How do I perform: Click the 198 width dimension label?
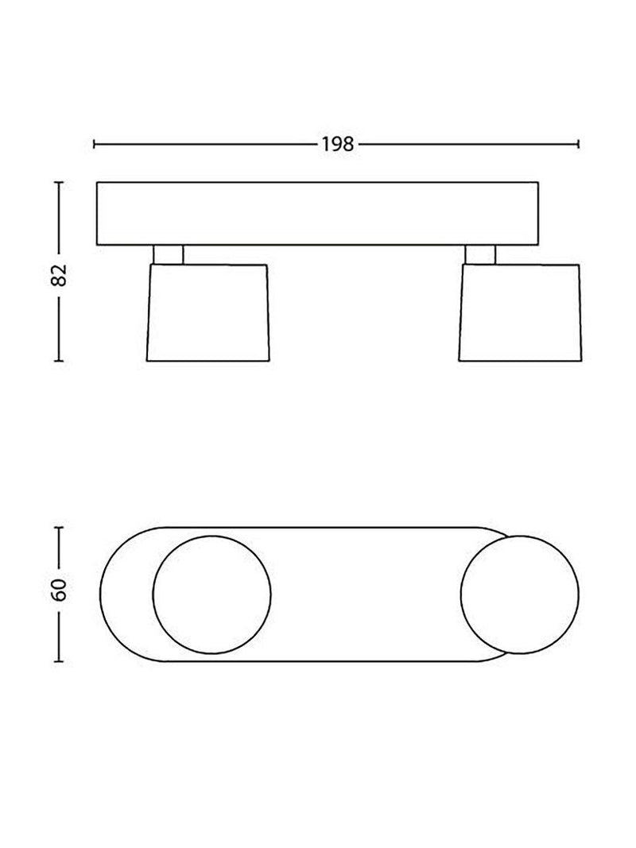pyautogui.click(x=338, y=145)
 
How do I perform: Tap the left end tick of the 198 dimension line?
pyautogui.click(x=95, y=144)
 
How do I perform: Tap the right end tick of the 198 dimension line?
pyautogui.click(x=579, y=144)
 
